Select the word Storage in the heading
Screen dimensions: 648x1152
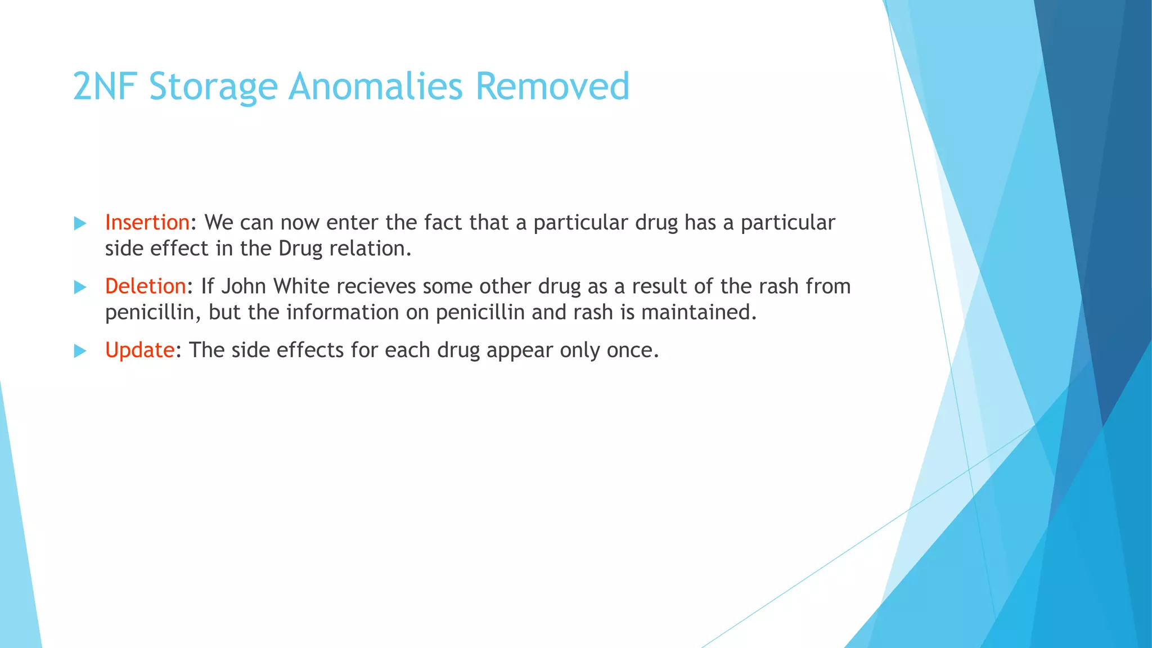[214, 87]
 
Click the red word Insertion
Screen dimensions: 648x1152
[147, 223]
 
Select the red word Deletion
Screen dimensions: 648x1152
[145, 286]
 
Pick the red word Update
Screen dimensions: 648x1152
[139, 350]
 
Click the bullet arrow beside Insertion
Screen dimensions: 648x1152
[80, 223]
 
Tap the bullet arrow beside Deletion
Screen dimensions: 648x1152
[80, 287]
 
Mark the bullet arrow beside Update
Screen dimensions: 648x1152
[80, 351]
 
